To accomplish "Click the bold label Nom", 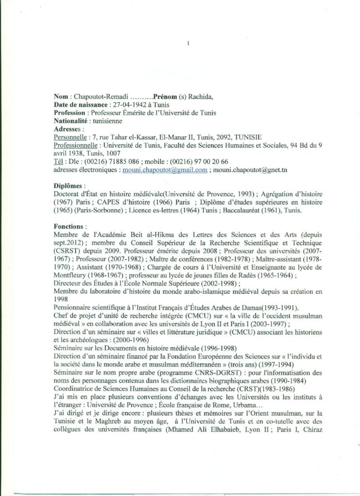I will pyautogui.click(x=61, y=97).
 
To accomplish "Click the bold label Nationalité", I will pyautogui.click(x=71, y=121).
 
